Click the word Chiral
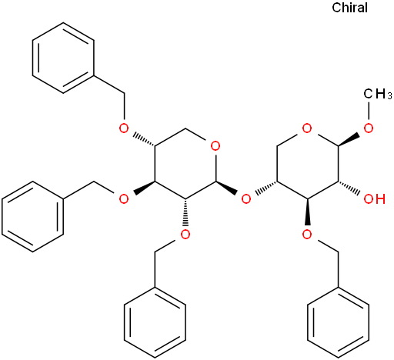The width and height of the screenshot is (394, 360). tap(349, 8)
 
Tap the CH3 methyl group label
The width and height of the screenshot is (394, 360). tap(378, 94)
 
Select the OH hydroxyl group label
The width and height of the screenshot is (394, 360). tap(375, 198)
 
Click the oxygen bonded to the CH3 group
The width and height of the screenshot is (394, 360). tap(369, 128)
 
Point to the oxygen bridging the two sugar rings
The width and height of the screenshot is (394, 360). tap(246, 198)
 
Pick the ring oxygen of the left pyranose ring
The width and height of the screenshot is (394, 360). tap(215, 146)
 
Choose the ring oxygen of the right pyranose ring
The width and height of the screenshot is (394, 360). tap(307, 128)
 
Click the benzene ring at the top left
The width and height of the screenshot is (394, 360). tap(63, 58)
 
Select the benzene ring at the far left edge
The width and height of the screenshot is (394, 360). tap(32, 217)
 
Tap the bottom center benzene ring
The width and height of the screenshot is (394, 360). tap(155, 322)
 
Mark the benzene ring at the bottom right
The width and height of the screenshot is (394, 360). tap(339, 322)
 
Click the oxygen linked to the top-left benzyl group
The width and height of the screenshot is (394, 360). tap(124, 128)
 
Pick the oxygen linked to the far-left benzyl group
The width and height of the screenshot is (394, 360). tap(124, 198)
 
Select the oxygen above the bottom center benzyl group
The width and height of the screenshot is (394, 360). tap(185, 234)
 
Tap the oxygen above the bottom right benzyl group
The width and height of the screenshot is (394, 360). tap(307, 234)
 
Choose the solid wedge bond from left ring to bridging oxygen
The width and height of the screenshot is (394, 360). tap(226, 188)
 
